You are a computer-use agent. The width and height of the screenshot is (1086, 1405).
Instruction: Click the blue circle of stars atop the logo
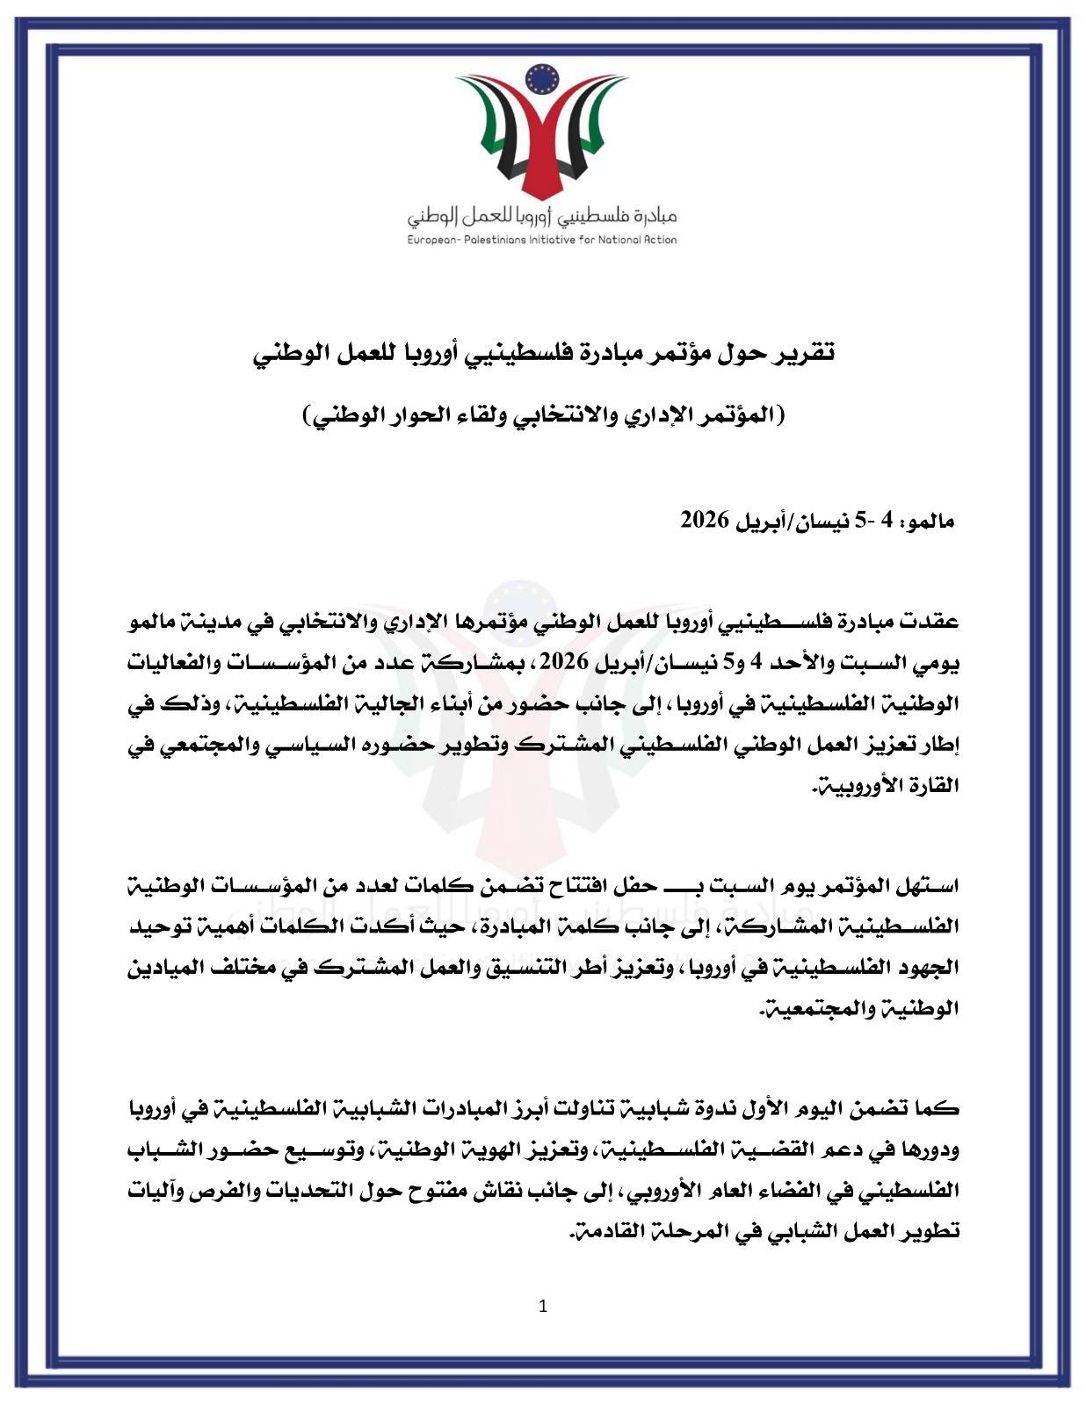coord(542,80)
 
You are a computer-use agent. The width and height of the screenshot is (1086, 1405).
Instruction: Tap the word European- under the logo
coord(431,239)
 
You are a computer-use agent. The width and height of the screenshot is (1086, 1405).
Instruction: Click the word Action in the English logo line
coord(658,239)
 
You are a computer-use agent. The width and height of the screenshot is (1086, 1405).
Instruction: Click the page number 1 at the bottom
coord(542,1306)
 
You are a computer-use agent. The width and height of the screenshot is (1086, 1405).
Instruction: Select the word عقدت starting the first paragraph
coord(933,623)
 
